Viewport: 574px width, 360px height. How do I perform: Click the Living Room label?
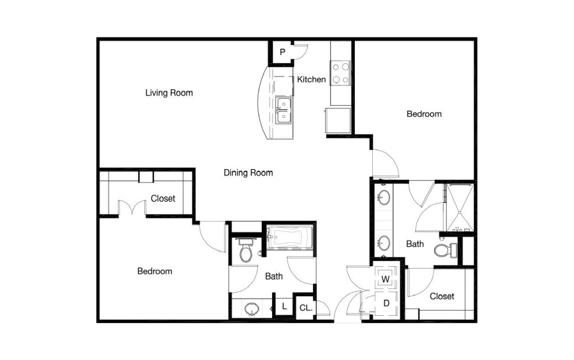tap(169, 93)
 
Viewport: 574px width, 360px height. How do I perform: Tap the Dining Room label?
tap(248, 173)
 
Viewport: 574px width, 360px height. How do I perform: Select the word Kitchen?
tap(311, 79)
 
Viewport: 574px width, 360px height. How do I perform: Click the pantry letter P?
tap(282, 52)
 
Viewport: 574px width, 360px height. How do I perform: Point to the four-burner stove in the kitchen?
tap(340, 73)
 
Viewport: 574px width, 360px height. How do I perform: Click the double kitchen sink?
tap(284, 110)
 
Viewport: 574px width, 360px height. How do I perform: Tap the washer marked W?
tap(385, 279)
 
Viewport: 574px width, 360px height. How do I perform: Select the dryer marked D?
tap(386, 303)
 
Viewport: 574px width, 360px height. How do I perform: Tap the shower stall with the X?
tap(460, 208)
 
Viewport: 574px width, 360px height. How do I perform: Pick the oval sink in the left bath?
tap(251, 309)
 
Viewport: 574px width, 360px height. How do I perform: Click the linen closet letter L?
tap(285, 307)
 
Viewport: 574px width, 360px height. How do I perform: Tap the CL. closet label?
tap(306, 308)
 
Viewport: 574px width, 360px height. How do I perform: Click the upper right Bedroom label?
tap(424, 114)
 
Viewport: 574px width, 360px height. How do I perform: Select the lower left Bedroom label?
tap(155, 271)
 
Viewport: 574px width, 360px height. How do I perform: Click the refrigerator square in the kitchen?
tap(338, 120)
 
